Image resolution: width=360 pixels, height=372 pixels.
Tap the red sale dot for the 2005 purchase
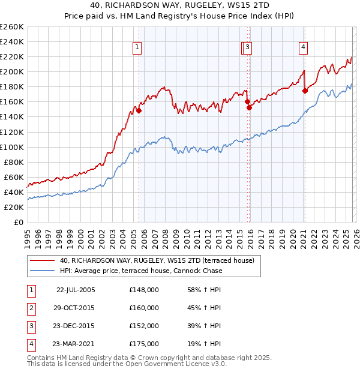[139, 110]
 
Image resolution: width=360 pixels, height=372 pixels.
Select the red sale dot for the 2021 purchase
[305, 91]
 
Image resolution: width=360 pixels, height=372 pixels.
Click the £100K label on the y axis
[13, 147]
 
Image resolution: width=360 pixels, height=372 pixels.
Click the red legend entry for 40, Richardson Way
[157, 260]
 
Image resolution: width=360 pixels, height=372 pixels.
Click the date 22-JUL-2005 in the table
[76, 290]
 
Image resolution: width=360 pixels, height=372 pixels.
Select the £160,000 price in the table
[144, 308]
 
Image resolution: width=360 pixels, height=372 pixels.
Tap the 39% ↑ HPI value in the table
[204, 326]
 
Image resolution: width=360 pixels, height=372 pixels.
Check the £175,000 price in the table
[144, 344]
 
